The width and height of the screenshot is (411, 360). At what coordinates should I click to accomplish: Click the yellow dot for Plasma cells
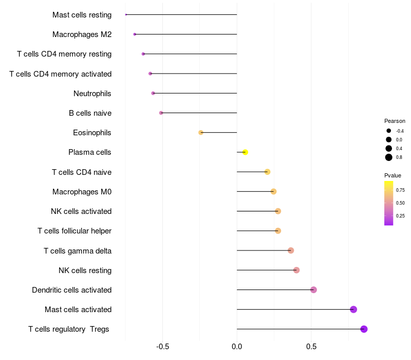(245, 152)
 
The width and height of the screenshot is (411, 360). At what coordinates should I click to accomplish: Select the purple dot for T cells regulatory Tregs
(364, 329)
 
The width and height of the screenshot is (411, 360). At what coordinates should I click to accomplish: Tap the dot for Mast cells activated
(353, 310)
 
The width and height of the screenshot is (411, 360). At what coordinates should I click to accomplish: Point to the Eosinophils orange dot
(201, 133)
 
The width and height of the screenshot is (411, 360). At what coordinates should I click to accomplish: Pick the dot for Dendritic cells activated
(313, 290)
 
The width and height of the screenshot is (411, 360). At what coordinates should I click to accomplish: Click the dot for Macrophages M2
(135, 34)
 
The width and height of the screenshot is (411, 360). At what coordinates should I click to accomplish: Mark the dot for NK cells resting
(296, 270)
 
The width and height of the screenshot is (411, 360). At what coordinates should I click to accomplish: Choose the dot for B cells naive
(161, 113)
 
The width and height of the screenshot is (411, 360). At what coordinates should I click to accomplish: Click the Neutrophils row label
(92, 94)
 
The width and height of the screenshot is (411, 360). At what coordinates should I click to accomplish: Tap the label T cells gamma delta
(78, 251)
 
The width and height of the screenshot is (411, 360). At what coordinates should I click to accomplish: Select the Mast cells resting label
(82, 15)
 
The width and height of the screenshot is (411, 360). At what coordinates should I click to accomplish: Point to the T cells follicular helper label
(74, 231)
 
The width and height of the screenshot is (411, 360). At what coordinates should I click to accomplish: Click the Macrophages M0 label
(82, 192)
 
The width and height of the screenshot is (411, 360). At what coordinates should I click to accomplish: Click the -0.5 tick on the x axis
(162, 347)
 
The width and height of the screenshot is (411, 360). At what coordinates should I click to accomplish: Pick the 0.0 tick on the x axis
(237, 347)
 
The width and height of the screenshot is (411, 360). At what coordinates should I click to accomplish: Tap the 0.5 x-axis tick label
(311, 347)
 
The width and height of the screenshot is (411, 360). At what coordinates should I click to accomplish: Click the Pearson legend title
(395, 121)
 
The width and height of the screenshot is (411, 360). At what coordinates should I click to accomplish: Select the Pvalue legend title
(393, 175)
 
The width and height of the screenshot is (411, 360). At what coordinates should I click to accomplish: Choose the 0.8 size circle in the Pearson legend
(389, 157)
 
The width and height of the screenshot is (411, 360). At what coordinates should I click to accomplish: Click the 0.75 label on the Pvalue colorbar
(400, 190)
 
